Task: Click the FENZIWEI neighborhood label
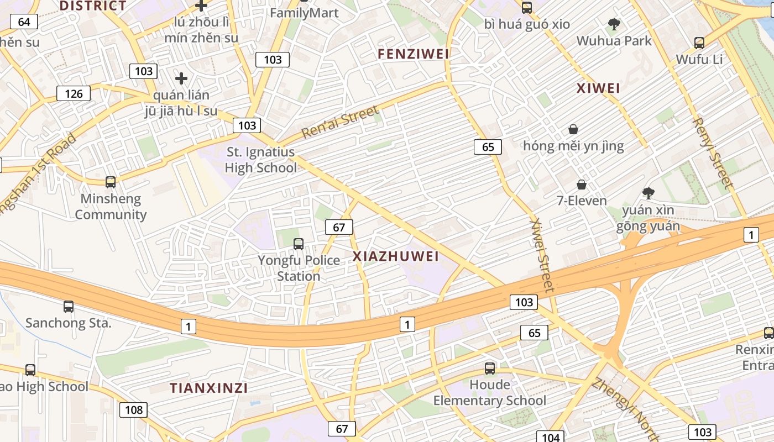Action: click(x=414, y=54)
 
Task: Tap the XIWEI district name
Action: click(x=598, y=88)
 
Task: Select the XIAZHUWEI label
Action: click(x=396, y=256)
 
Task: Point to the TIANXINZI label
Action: click(x=208, y=388)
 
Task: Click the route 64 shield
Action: click(x=24, y=22)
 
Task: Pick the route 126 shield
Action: click(x=74, y=93)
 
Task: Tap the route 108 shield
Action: click(x=133, y=409)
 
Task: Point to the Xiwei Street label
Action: click(x=541, y=255)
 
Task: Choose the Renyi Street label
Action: click(x=713, y=154)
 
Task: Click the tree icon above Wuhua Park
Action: click(x=614, y=24)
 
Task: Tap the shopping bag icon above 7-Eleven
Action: click(x=581, y=184)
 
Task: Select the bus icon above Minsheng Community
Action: click(x=111, y=182)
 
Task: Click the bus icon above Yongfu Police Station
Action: click(x=299, y=244)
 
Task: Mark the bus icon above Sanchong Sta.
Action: click(x=69, y=306)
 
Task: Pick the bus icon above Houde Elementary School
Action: click(x=490, y=368)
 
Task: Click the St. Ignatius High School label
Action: click(x=261, y=160)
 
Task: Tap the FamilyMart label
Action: click(x=304, y=12)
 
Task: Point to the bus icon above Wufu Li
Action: click(x=699, y=43)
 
